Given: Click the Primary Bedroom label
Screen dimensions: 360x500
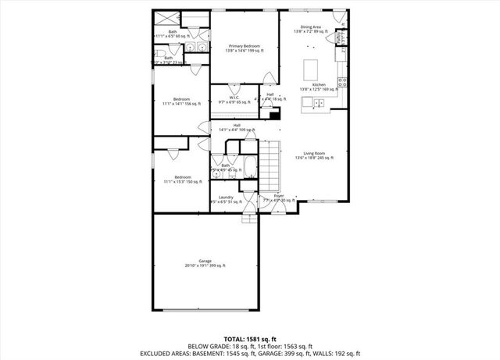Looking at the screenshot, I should tap(245, 46).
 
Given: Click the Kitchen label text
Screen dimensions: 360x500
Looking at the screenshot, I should tap(319, 84).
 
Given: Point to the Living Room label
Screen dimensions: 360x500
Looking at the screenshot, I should tap(314, 154).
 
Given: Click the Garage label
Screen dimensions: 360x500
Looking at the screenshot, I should tap(205, 261).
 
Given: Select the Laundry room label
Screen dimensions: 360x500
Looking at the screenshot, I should tap(227, 198).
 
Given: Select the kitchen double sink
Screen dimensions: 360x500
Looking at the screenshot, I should tap(319, 102).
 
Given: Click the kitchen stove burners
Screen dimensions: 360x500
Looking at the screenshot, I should tap(341, 80).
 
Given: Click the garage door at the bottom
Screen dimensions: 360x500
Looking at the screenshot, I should tap(205, 309).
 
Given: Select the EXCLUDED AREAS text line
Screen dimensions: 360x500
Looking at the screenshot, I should tap(249, 354).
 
